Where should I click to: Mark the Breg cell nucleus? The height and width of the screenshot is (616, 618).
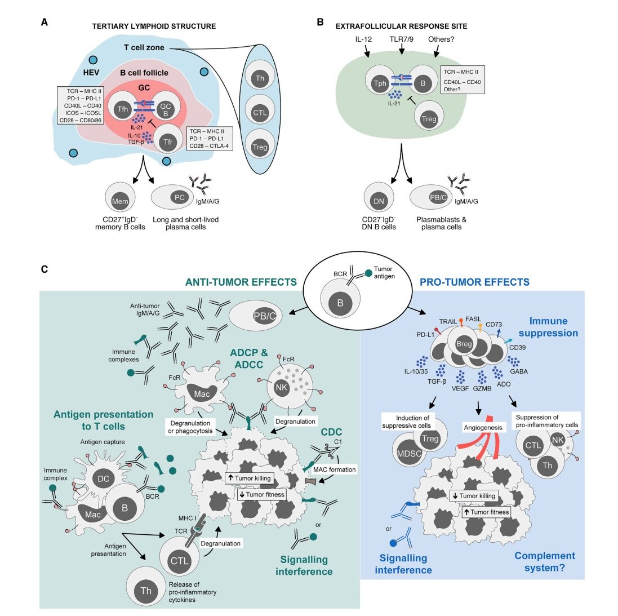click(x=464, y=345)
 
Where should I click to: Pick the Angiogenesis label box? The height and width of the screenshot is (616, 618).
click(x=480, y=428)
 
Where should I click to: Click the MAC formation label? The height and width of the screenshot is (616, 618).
click(x=336, y=468)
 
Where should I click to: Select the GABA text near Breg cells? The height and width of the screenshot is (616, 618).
click(x=518, y=372)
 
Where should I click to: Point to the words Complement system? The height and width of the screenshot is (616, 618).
click(x=545, y=562)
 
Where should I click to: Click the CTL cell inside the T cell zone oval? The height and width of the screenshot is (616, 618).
click(x=260, y=113)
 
